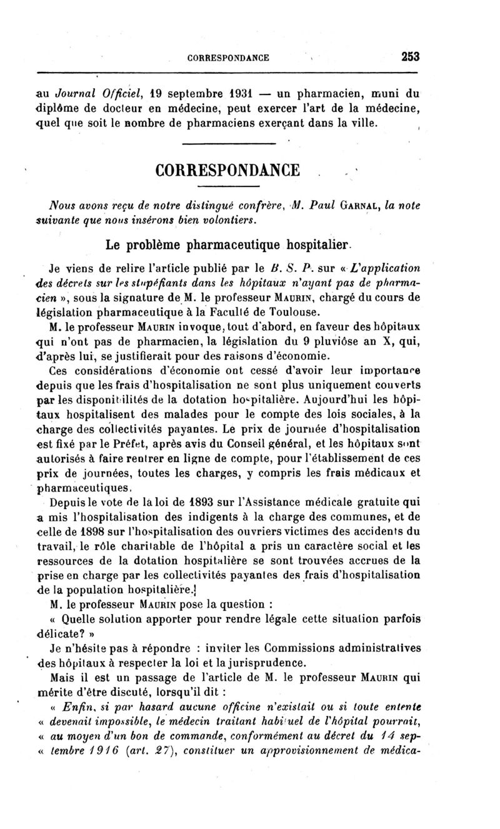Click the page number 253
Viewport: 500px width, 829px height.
point(409,57)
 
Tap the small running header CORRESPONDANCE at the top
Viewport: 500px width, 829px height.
point(228,58)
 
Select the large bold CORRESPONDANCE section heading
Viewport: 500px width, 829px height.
point(227,170)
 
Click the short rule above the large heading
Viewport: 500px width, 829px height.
point(227,146)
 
